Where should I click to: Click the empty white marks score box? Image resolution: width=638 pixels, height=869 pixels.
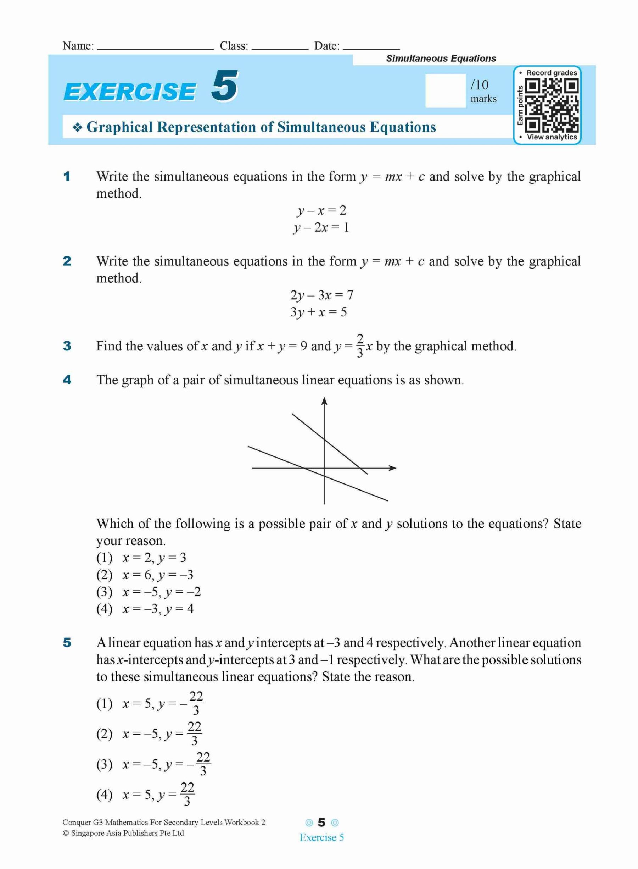pos(445,91)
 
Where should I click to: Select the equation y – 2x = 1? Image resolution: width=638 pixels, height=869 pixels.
pos(320,228)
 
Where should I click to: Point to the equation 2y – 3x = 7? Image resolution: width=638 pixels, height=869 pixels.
pos(321,295)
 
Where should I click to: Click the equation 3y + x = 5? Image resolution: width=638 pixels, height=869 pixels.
pos(319,312)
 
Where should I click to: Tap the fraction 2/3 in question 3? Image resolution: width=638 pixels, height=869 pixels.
pos(360,346)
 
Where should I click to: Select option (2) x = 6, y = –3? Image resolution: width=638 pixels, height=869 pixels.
pos(145,575)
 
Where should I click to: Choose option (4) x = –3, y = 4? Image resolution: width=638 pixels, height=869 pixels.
pos(145,609)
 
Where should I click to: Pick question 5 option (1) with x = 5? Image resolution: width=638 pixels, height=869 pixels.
pos(150,704)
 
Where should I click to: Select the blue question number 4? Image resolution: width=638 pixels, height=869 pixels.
pos(67,380)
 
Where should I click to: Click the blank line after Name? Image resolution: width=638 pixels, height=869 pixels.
pos(155,48)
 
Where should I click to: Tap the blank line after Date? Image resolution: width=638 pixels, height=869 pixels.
pos(371,48)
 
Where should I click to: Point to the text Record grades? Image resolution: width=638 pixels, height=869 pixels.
pos(552,73)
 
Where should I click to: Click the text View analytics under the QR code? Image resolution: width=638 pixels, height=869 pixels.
pos(552,137)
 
